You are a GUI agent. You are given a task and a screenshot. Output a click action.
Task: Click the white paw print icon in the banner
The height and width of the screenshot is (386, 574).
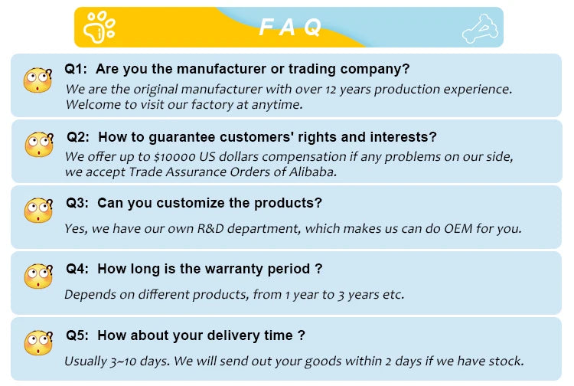coord(99,27)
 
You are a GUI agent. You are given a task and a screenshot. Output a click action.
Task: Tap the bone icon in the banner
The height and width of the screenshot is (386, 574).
coord(481,28)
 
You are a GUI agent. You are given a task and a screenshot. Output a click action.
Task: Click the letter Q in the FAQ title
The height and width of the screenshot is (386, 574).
coord(312,27)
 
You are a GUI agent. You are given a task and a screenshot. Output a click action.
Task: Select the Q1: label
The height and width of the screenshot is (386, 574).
coord(76,69)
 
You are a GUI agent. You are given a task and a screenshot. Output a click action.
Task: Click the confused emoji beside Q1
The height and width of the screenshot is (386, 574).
coord(38,80)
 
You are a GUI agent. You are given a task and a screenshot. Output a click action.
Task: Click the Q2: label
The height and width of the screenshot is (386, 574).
coord(78,137)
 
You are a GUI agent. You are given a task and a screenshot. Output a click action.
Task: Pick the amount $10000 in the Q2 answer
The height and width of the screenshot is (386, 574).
coord(174,157)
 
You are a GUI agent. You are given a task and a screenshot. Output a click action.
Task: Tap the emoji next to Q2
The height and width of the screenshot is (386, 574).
coord(39,145)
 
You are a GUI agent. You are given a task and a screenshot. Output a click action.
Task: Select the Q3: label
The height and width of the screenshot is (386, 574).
coord(77,203)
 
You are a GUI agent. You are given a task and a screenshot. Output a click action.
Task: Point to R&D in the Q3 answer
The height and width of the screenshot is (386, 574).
coord(210,228)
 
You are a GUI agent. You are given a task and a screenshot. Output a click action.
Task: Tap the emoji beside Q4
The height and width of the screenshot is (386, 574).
coord(38,276)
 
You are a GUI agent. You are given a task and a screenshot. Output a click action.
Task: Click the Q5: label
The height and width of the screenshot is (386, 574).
coord(77,335)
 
